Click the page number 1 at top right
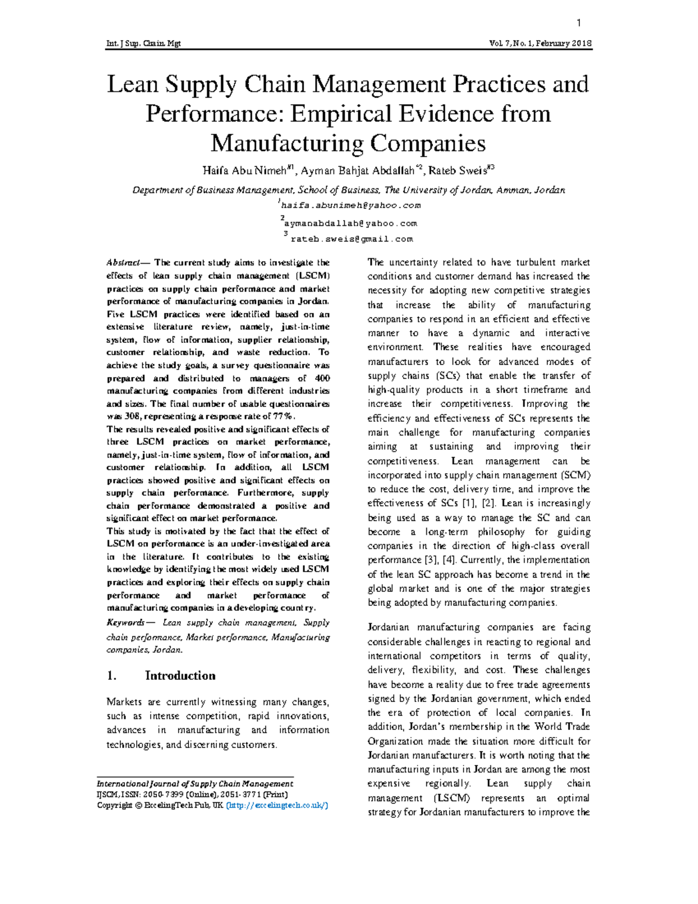579,23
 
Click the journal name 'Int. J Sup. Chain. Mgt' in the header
143,44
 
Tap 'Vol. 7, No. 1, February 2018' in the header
541,44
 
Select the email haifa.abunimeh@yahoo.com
350,205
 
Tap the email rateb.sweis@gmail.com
351,239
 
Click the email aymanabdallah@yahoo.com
350,223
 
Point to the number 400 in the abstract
321,378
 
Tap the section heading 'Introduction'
180,675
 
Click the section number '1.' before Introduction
112,675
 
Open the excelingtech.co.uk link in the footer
277,805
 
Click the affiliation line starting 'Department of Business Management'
348,190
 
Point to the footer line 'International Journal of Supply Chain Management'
195,784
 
